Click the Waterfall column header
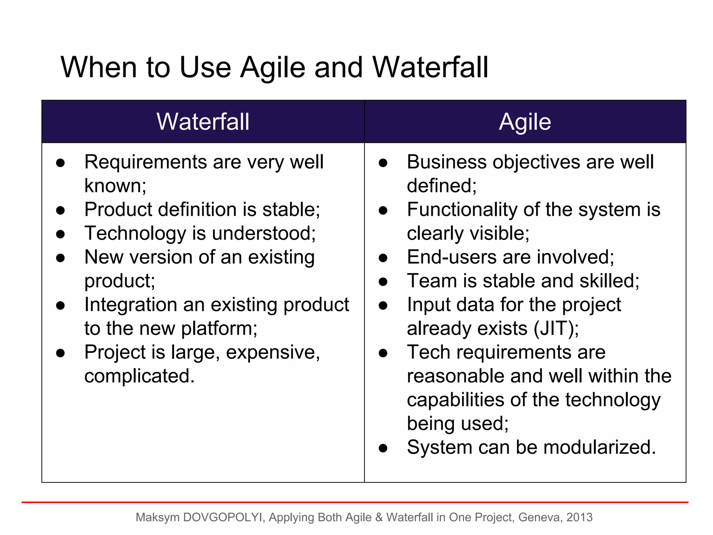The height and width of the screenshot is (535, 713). point(203,122)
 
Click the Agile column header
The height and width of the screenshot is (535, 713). point(525,122)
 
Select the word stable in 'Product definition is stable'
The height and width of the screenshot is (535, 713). point(291,210)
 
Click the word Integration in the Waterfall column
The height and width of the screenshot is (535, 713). point(131,305)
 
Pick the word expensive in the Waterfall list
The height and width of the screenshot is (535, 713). point(273,352)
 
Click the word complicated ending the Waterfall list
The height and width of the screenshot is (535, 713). point(139,376)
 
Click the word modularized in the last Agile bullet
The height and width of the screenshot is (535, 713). point(599,447)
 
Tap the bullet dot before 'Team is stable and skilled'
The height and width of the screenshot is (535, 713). point(383,282)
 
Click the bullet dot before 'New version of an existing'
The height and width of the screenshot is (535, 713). point(61,258)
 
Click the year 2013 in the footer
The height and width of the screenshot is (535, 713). point(579,518)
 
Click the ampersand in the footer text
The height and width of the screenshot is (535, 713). point(379,518)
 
